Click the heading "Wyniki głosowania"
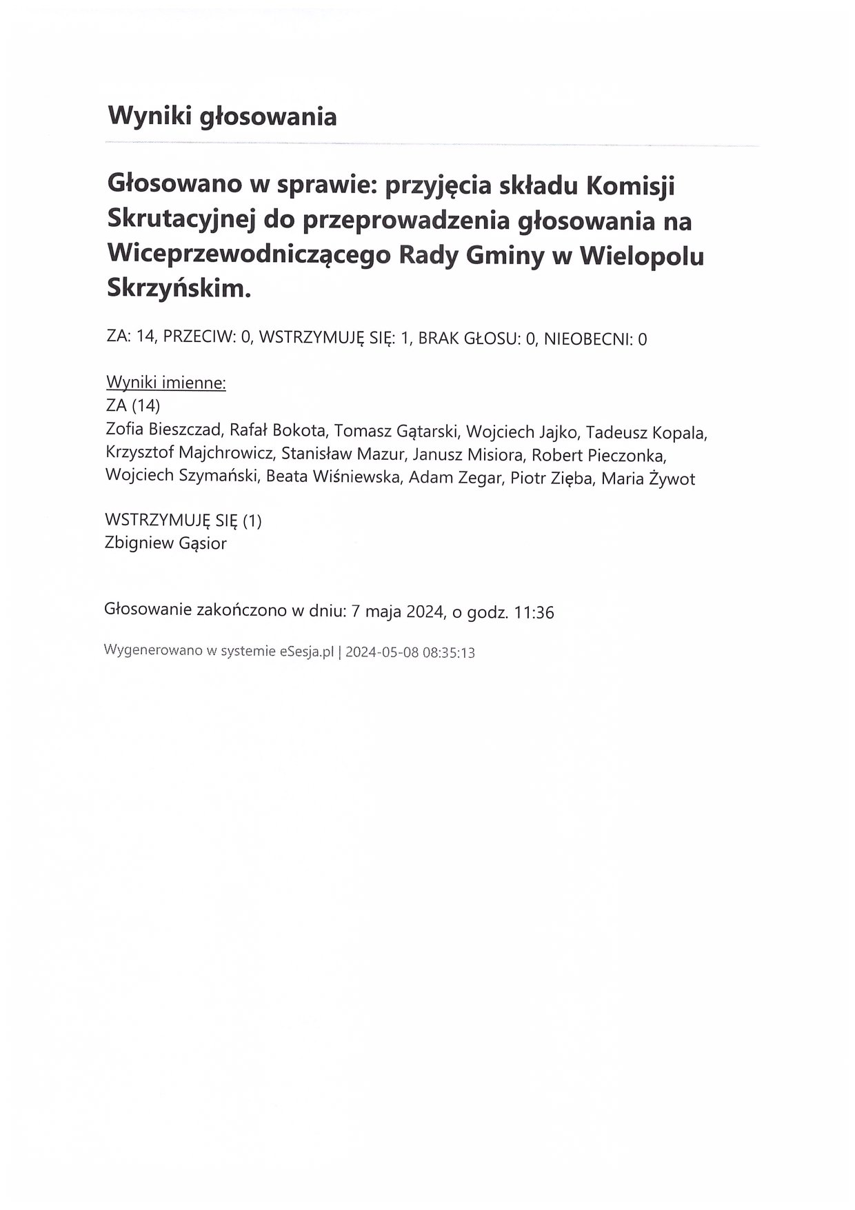pos(222,116)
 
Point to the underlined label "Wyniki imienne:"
pos(166,383)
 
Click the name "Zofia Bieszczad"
pos(163,431)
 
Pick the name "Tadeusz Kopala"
pos(645,432)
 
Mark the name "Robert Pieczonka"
pos(598,455)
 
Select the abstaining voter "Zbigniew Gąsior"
pos(165,543)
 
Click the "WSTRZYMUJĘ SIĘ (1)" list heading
pos(183,521)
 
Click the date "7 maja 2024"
pos(396,612)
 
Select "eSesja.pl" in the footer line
pos(307,652)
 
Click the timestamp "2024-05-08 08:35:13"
pos(410,652)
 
